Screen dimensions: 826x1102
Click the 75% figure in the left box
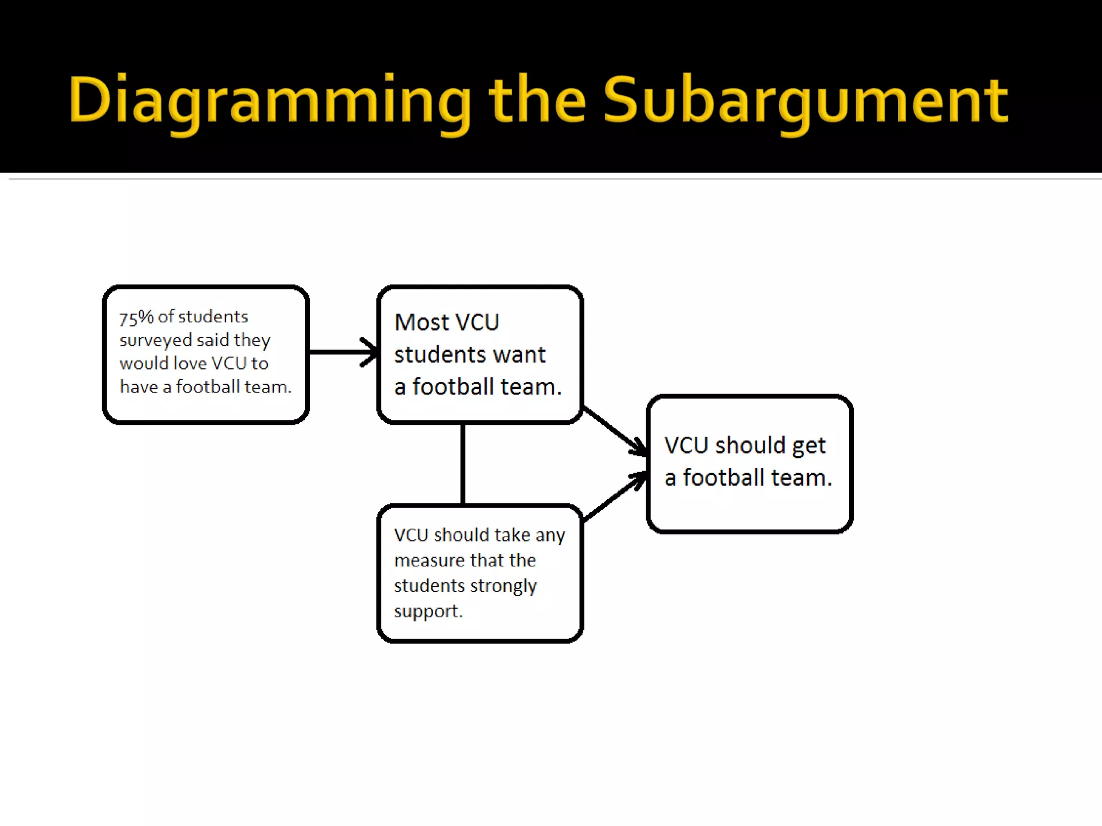(136, 317)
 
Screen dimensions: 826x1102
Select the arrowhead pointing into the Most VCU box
(370, 352)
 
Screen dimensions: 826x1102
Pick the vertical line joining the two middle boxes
(463, 464)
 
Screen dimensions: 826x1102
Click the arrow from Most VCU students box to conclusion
(613, 430)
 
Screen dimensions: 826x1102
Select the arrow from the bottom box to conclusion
(613, 497)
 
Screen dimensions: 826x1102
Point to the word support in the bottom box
(427, 611)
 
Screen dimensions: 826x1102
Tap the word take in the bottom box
(512, 535)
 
